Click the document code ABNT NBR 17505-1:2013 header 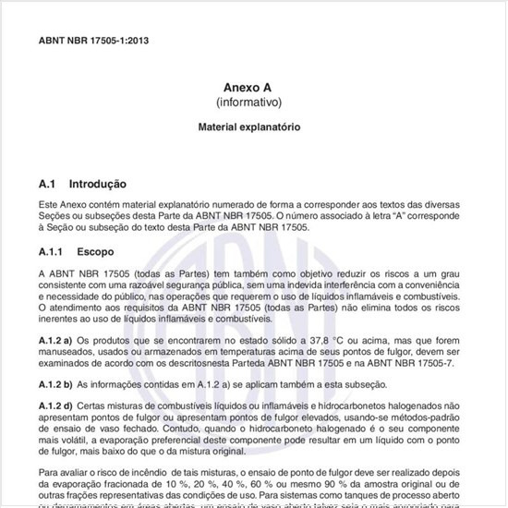[x=94, y=42]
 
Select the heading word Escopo [x=95, y=250]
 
